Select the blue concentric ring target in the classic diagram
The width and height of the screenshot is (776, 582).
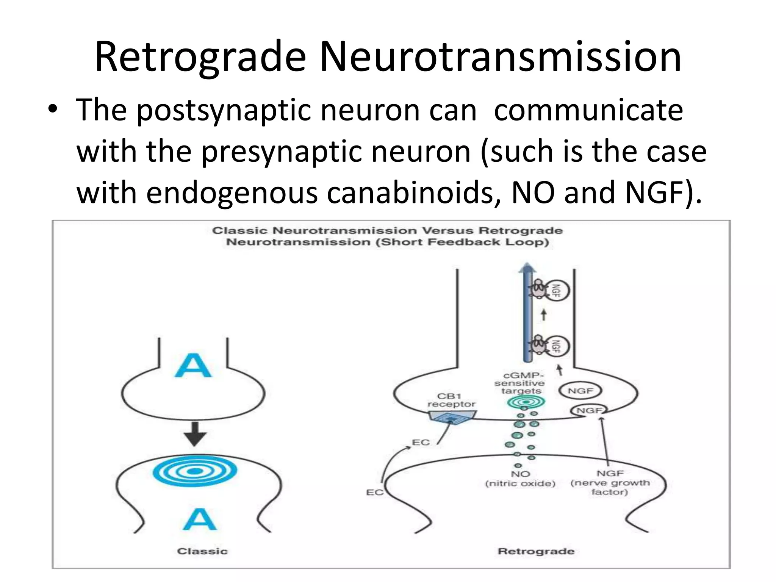pos(195,471)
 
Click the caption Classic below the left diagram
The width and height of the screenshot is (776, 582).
pos(202,551)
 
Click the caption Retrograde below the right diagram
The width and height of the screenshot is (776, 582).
pos(536,551)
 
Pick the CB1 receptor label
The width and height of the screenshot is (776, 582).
pos(451,400)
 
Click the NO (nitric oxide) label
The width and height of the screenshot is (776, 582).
pos(520,479)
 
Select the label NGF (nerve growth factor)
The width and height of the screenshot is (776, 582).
pos(610,482)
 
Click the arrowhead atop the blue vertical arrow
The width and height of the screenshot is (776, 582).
pos(527,268)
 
